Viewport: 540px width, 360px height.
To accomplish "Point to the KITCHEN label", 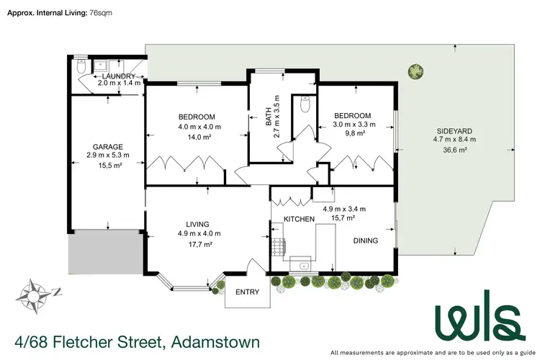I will pyautogui.click(x=299, y=218).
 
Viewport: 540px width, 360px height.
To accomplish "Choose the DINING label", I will pyautogui.click(x=365, y=240).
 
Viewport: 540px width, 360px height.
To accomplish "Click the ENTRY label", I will pyautogui.click(x=246, y=292).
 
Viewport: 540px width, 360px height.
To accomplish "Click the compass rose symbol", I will pyautogui.click(x=36, y=292).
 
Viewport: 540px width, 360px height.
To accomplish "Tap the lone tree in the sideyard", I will pyautogui.click(x=415, y=71).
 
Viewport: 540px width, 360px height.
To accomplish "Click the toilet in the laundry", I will pyautogui.click(x=81, y=66).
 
